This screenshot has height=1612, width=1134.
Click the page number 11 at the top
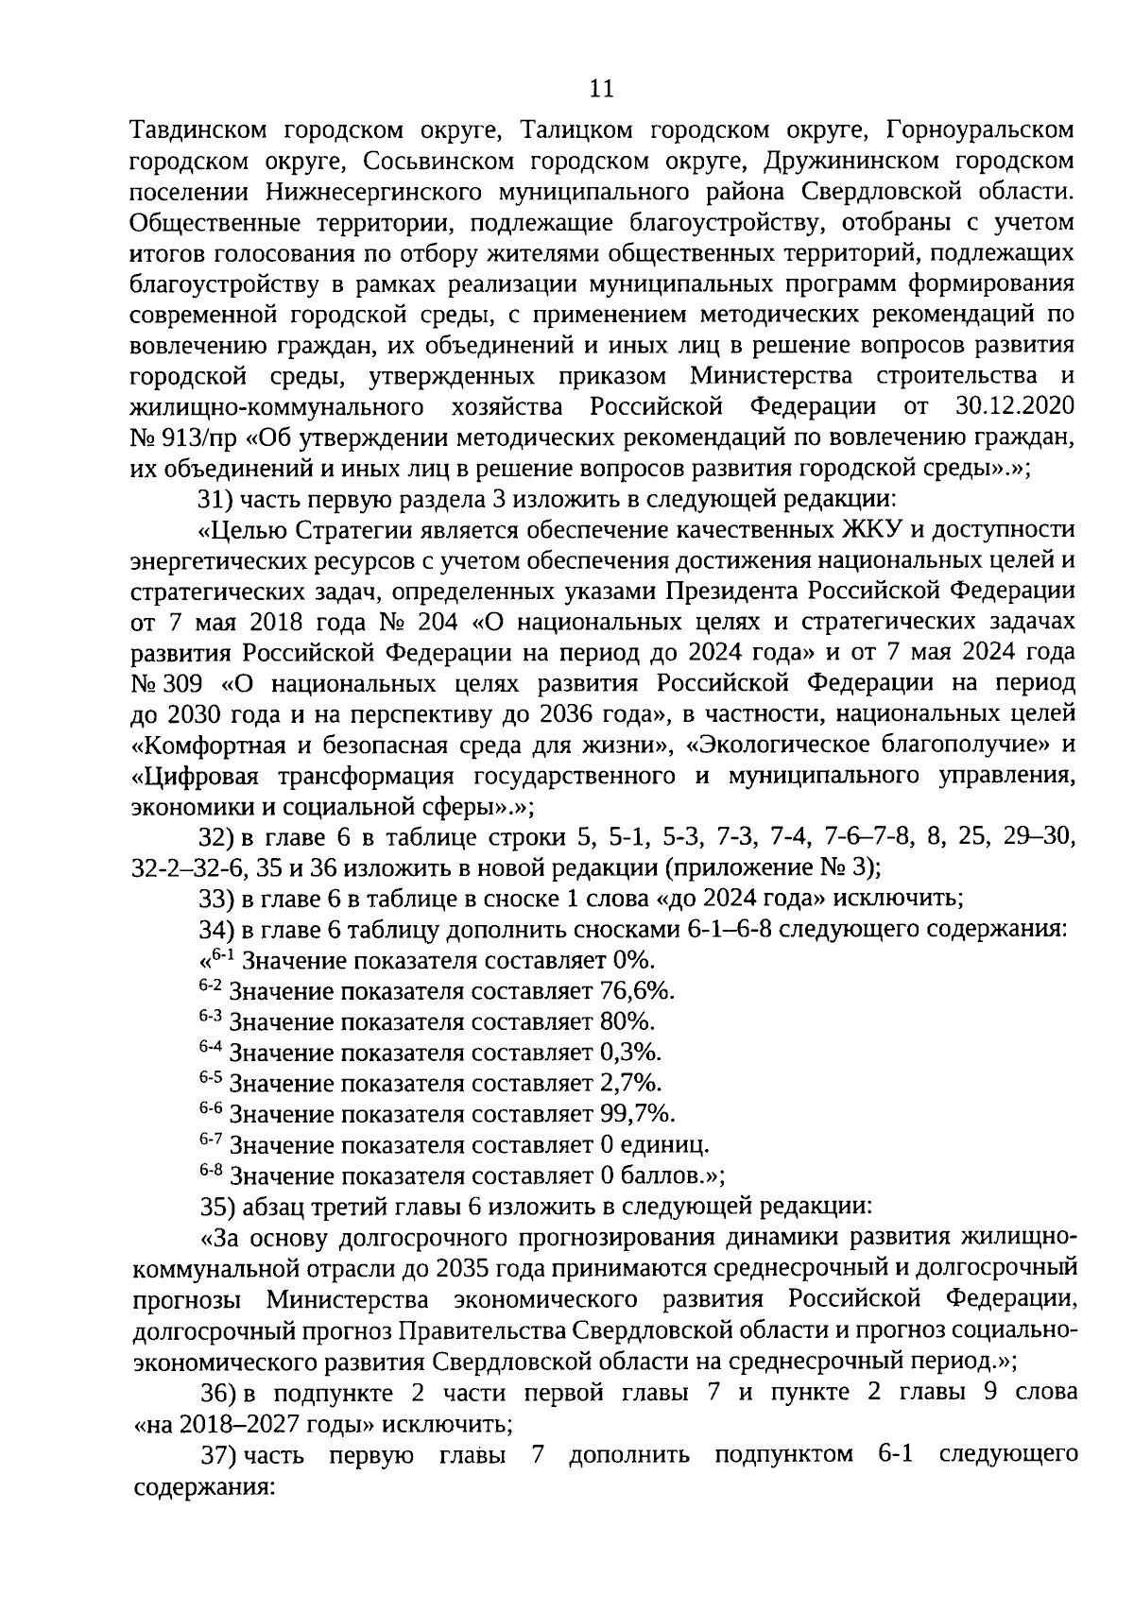tap(601, 90)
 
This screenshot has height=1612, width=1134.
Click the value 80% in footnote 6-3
tap(627, 1021)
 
